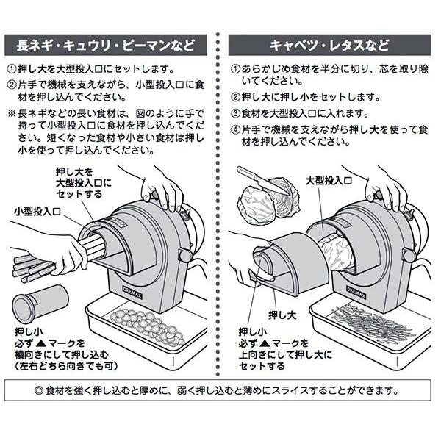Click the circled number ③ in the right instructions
click(x=235, y=113)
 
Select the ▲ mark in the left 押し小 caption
click(x=46, y=342)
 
